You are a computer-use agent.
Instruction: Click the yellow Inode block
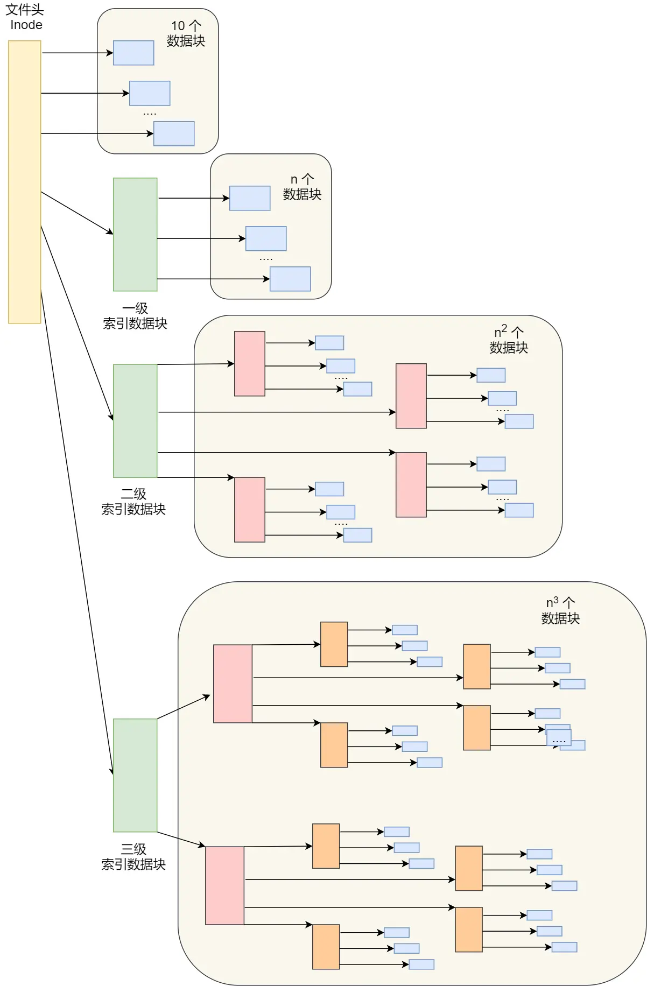pos(24,182)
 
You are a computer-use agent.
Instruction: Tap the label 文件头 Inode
pos(25,17)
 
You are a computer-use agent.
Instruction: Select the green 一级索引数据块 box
pos(135,234)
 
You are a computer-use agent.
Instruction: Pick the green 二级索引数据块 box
pos(135,420)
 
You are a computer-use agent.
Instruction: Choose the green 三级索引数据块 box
pos(135,775)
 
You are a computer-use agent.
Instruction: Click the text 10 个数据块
pos(186,33)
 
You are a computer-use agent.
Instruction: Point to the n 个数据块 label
pos(302,187)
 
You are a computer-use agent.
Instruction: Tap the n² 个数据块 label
pos(508,340)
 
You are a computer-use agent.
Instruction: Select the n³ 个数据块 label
pos(560,610)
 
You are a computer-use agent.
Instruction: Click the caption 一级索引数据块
pos(135,316)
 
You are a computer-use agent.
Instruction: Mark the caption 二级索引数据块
pos(133,502)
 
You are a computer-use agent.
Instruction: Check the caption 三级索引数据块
pos(133,856)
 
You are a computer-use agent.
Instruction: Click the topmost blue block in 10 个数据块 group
pos(133,53)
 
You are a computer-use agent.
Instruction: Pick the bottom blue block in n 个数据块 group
pos(290,279)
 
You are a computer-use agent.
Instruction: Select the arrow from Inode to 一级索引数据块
pos(76,213)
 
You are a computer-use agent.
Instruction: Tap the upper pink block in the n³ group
pos(233,684)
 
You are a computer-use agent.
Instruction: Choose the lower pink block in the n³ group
pos(224,885)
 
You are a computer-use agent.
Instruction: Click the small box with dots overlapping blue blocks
pos(559,737)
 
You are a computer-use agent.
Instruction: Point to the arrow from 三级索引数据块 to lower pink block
pos(181,839)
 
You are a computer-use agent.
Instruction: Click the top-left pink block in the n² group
pos(249,363)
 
